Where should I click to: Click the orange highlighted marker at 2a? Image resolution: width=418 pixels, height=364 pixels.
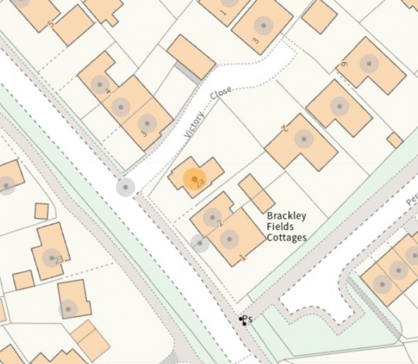click(194, 178)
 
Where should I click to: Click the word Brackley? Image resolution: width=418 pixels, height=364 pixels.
click(286, 216)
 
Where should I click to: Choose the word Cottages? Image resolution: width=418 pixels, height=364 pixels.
click(286, 237)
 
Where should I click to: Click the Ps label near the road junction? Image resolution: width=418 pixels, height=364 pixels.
click(247, 319)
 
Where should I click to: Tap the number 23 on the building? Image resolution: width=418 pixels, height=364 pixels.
click(59, 260)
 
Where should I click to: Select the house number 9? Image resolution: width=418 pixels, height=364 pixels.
click(344, 64)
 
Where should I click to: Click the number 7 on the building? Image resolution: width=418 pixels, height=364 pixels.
click(283, 129)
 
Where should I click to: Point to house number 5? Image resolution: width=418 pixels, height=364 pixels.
click(50, 24)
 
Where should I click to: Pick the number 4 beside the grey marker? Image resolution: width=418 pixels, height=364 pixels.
click(108, 91)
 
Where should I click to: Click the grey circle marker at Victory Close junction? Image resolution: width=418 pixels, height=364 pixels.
click(125, 187)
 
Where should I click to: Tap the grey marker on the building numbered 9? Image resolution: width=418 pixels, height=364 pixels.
click(368, 63)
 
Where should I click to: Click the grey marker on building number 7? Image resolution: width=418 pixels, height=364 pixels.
click(304, 139)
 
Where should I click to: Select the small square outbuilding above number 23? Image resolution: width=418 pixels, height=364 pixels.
click(41, 211)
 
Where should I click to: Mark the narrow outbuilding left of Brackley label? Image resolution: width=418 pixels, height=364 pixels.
click(256, 193)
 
